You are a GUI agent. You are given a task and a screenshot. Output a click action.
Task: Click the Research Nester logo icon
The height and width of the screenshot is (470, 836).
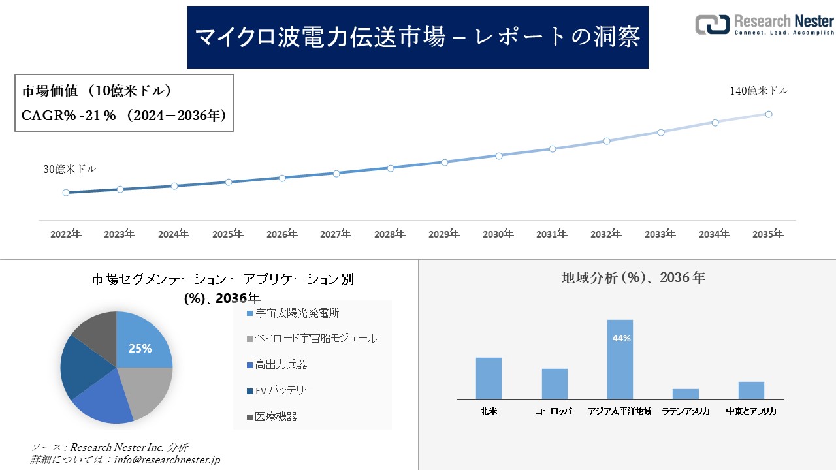pyautogui.click(x=713, y=24)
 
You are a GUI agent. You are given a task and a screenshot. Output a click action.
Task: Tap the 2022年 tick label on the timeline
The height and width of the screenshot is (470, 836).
pyautogui.click(x=66, y=234)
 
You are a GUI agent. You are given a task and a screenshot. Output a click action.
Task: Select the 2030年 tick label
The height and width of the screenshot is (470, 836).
pyautogui.click(x=498, y=234)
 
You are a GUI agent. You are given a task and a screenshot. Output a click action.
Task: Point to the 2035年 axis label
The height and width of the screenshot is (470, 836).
pyautogui.click(x=768, y=234)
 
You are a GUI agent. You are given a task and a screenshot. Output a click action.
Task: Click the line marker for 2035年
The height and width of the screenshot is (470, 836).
pyautogui.click(x=769, y=114)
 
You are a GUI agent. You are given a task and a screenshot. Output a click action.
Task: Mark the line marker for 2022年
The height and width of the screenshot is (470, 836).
pyautogui.click(x=66, y=193)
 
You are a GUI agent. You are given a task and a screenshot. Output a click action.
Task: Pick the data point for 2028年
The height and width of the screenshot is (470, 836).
pyautogui.click(x=391, y=168)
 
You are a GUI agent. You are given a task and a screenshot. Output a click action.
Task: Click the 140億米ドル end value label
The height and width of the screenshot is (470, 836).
pyautogui.click(x=759, y=91)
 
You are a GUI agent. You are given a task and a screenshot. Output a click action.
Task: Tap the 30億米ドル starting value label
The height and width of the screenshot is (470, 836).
pyautogui.click(x=70, y=169)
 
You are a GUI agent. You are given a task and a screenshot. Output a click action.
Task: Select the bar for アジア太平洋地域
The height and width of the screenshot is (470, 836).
pyautogui.click(x=620, y=359)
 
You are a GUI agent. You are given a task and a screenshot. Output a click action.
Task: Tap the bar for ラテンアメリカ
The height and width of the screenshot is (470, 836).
pyautogui.click(x=686, y=394)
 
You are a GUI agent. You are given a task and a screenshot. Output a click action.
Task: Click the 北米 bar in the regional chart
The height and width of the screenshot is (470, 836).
pyautogui.click(x=489, y=378)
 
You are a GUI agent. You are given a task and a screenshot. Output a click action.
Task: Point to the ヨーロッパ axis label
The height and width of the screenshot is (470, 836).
pyautogui.click(x=554, y=412)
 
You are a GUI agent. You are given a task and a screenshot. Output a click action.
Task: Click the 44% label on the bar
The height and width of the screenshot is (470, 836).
pyautogui.click(x=621, y=338)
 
